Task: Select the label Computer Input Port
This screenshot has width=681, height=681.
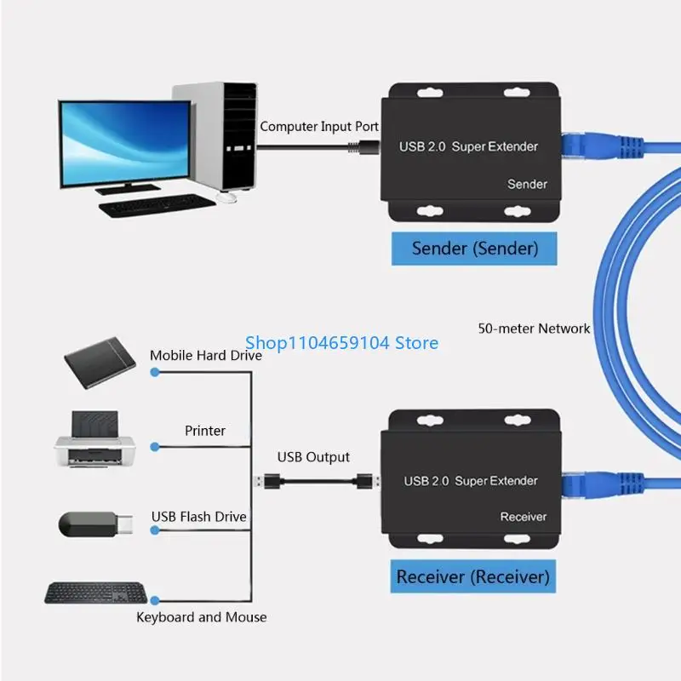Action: (319, 126)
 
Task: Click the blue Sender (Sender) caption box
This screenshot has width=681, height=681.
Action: (475, 249)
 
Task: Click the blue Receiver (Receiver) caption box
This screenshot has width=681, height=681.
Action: (472, 576)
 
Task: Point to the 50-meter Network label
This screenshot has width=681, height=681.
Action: (534, 328)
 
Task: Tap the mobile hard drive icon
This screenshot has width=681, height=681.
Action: (100, 363)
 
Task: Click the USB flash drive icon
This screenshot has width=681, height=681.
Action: (94, 524)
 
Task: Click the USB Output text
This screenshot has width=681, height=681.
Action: (313, 457)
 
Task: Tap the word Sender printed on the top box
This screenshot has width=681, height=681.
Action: (527, 184)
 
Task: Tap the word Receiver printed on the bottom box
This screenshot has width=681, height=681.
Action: (524, 517)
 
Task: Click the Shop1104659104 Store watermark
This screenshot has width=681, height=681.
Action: (341, 342)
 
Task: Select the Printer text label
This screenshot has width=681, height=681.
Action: (205, 431)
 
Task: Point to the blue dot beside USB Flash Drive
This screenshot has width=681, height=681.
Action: (154, 529)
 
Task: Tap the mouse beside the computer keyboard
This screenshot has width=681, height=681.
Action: (226, 197)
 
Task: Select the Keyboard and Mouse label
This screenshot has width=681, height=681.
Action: (202, 617)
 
